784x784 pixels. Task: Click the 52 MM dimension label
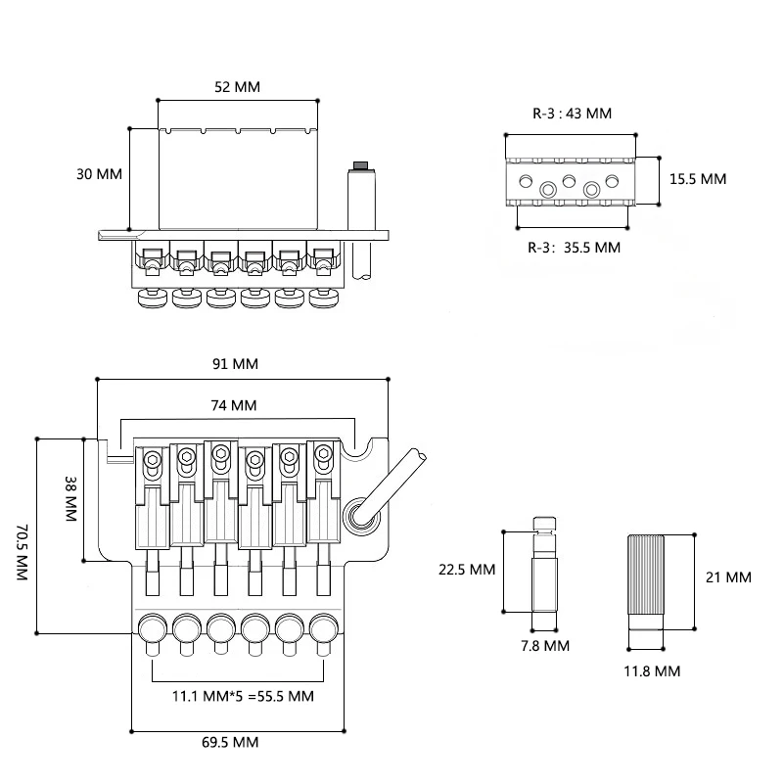coord(237,87)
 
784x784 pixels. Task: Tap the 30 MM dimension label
coord(99,174)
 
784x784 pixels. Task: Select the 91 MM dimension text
coord(235,364)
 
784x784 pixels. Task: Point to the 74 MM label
coord(234,405)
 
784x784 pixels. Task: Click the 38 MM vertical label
coord(71,499)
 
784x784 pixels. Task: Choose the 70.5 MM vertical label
coord(23,552)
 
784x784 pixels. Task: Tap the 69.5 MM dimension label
coord(230,743)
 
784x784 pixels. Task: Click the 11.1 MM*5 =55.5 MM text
coord(243,697)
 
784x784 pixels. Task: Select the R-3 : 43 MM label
coord(572,114)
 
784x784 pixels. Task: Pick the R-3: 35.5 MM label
coord(574,248)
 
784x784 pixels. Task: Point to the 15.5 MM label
coord(698,179)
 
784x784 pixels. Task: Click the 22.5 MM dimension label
coord(467,570)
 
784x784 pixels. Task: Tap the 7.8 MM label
coord(545,646)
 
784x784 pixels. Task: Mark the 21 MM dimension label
coord(728,577)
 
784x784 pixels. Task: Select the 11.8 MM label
coord(652,671)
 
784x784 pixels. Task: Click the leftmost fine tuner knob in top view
coord(152,629)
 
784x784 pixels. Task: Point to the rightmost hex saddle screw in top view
coord(324,454)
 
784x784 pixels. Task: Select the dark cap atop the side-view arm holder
coord(360,165)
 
